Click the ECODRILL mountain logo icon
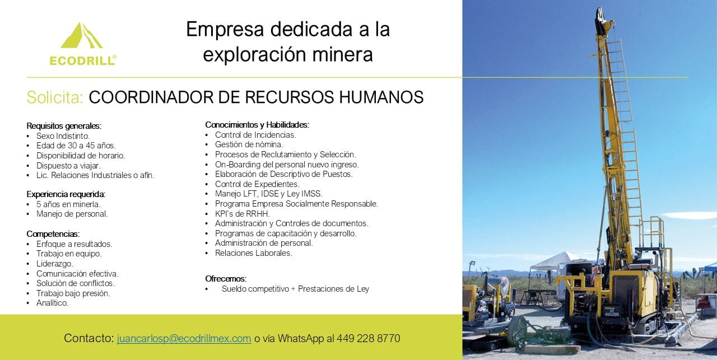[x=82, y=35]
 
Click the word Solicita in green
[x=55, y=97]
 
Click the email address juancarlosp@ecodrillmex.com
[x=184, y=339]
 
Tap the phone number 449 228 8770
[x=368, y=338]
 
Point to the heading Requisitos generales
[x=64, y=126]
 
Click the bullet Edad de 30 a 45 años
[x=76, y=146]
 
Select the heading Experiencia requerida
[x=66, y=194]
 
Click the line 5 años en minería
[x=68, y=204]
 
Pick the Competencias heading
[x=53, y=234]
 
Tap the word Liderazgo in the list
[x=55, y=264]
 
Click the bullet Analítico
[x=52, y=303]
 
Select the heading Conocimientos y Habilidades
[x=257, y=125]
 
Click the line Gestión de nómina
[x=249, y=144]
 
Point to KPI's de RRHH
[x=243, y=213]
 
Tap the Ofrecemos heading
[x=226, y=279]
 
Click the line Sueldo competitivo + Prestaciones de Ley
[x=295, y=289]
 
